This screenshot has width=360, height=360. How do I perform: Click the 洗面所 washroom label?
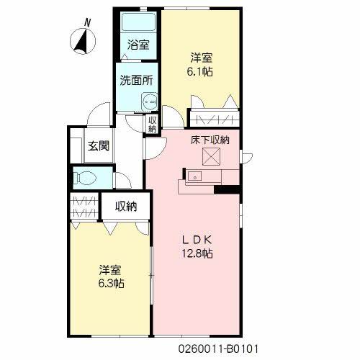(x=136, y=81)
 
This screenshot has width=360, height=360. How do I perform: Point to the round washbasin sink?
(x=149, y=102)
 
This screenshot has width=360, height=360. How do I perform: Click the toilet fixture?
(x=84, y=176)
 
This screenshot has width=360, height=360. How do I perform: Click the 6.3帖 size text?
(x=112, y=283)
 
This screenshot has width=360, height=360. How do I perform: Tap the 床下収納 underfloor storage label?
(x=210, y=140)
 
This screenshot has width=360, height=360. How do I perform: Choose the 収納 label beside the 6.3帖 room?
(x=126, y=207)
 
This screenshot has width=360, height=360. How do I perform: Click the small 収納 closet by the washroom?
(x=153, y=124)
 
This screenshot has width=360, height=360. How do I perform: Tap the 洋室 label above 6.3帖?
(x=111, y=270)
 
